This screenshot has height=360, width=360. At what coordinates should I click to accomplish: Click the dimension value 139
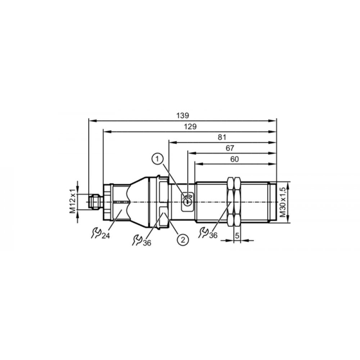coord(183,115)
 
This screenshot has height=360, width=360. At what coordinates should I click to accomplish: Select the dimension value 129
coord(190,126)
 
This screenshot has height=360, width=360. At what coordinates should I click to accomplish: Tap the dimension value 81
coord(222,137)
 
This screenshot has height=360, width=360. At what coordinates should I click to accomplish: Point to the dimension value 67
coord(230,148)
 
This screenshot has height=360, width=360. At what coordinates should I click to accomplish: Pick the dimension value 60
coord(234,159)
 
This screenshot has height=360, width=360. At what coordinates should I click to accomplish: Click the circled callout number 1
coord(158,159)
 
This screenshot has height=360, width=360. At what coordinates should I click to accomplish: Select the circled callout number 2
coord(183,240)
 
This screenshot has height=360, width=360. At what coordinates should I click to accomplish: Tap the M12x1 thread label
coord(73,201)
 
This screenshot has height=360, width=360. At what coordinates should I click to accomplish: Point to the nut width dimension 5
coord(237,235)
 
